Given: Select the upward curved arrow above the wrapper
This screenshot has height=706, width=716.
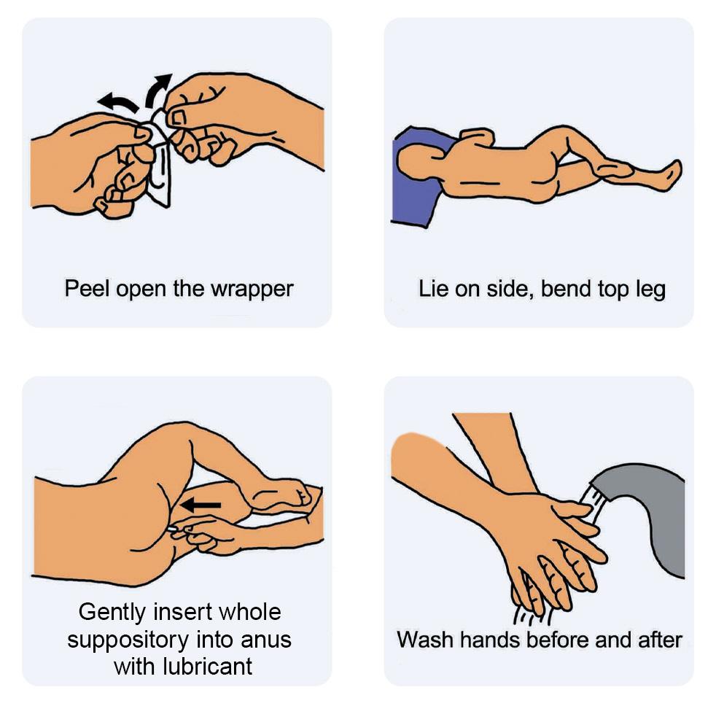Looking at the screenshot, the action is pos(157,90).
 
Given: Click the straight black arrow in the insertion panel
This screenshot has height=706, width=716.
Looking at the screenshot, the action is pos(201,505).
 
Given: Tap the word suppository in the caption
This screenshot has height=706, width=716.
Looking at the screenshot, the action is pos(128,640).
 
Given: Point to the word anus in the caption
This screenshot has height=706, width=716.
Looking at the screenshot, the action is pos(266,640).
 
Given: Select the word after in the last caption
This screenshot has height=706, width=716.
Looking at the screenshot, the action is pos(660,640).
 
